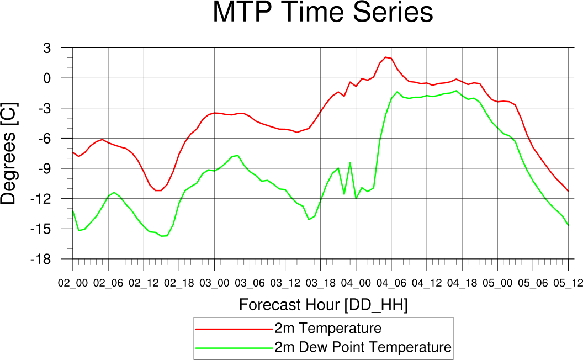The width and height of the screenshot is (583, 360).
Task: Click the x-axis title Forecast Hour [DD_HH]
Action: [323, 305]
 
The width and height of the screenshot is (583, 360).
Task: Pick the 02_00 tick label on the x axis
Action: [73, 283]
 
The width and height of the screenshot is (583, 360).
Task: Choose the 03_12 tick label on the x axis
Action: [285, 283]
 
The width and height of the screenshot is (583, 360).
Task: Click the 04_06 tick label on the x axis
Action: [391, 283]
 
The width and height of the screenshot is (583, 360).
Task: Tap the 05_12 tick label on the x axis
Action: [568, 283]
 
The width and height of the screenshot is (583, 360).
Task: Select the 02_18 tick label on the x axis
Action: [179, 283]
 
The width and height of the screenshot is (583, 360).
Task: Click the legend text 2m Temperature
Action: [328, 329]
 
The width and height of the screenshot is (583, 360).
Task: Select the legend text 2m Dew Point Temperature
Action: [363, 347]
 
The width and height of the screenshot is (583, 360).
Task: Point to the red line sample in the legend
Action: [234, 329]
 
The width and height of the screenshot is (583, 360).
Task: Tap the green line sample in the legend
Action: [234, 348]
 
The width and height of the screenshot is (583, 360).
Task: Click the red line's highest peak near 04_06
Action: [385, 57]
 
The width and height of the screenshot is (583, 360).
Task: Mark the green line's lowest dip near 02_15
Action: [162, 236]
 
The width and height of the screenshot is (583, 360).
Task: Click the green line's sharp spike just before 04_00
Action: [350, 163]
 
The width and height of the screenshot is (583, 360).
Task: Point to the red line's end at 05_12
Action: [568, 192]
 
